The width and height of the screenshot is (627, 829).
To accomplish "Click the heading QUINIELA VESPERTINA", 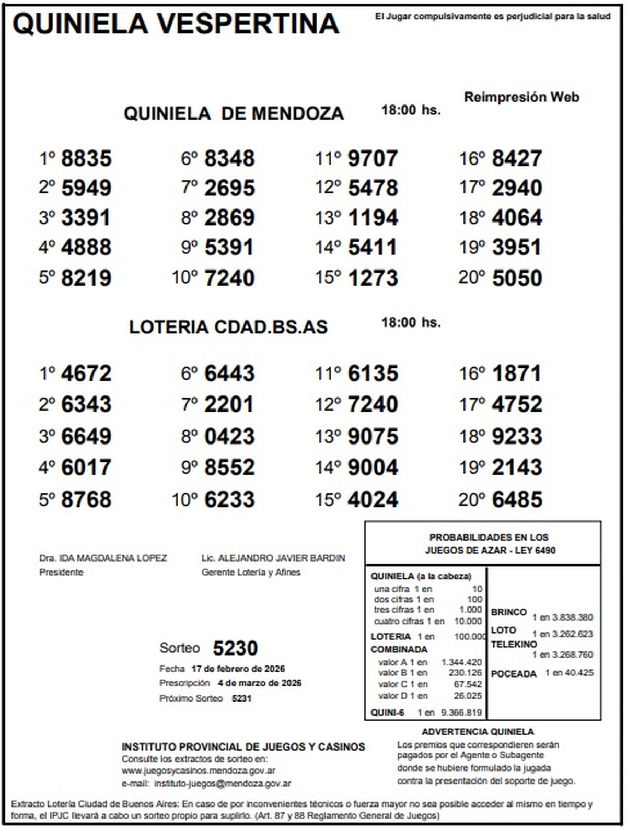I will [x=176, y=24].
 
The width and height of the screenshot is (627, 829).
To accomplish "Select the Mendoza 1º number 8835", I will [x=86, y=158].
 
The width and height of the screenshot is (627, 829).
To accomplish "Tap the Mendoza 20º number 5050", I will [x=517, y=278].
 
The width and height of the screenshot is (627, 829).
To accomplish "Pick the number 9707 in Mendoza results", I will [x=373, y=158].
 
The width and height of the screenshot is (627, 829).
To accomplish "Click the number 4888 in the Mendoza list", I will [x=86, y=248].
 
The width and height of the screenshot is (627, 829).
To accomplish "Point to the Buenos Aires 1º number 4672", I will [x=86, y=373].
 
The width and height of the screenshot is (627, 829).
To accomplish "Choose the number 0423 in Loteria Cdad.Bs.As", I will [x=229, y=436].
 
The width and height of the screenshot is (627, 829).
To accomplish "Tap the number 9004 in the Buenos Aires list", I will [x=373, y=467].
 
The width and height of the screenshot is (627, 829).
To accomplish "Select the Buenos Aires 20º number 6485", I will [x=517, y=499].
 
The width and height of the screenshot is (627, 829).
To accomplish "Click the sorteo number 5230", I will [x=235, y=648].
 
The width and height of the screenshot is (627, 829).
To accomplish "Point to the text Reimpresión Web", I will [x=521, y=97].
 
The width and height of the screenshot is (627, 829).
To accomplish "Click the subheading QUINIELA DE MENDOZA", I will [x=234, y=113].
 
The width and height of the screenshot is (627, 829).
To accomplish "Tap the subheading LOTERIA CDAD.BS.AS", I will [x=228, y=327].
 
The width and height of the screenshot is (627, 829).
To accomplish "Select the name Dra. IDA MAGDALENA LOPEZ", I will [x=103, y=558].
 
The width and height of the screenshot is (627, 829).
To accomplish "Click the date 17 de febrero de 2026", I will [x=238, y=669].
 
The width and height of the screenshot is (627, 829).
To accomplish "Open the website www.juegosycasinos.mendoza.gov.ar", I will [x=199, y=770].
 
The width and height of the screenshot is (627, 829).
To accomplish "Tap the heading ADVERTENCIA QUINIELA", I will [x=478, y=732].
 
